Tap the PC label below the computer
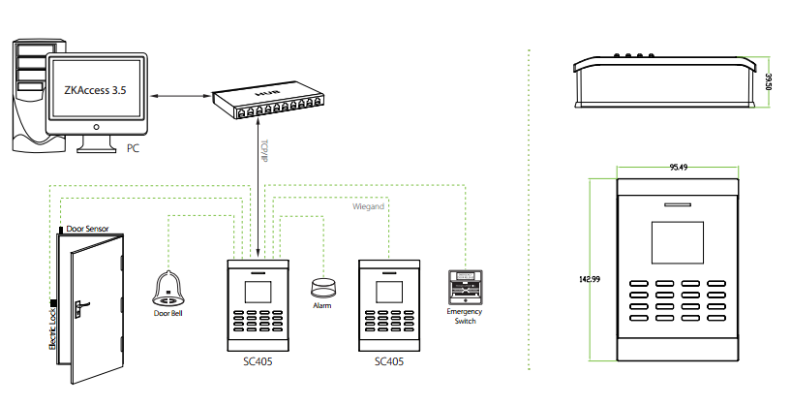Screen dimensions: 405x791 coord(134,148)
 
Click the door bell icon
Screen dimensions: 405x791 coord(168,288)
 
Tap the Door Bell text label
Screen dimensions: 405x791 coord(169,313)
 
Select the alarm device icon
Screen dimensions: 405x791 coord(322,288)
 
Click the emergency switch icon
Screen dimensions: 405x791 coord(462,287)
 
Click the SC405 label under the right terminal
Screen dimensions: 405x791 coord(388,361)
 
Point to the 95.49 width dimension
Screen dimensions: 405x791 coord(678,168)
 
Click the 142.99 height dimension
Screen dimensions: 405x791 coord(590,280)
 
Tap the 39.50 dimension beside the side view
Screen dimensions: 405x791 coord(768,81)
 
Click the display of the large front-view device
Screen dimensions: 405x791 coord(678,243)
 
